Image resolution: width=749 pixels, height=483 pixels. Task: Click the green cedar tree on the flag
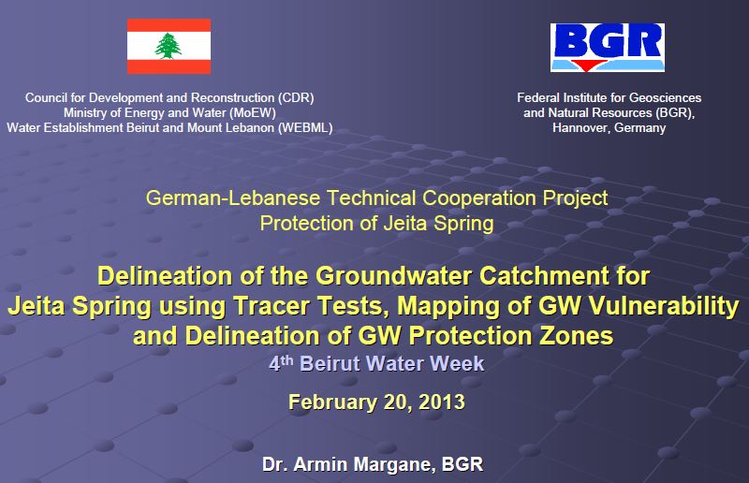pyautogui.click(x=169, y=46)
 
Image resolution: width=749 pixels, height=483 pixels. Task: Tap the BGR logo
pyautogui.click(x=607, y=48)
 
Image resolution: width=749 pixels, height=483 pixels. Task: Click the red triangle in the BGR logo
pyautogui.click(x=586, y=66)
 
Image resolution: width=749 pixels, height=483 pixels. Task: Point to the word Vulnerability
pyautogui.click(x=664, y=306)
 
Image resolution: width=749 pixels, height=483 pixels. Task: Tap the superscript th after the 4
pyautogui.click(x=286, y=359)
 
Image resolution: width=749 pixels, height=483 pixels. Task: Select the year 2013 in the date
pyautogui.click(x=441, y=402)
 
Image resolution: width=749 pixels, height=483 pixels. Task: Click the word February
pyautogui.click(x=332, y=402)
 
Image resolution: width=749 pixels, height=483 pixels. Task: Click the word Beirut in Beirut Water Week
pyautogui.click(x=330, y=364)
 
